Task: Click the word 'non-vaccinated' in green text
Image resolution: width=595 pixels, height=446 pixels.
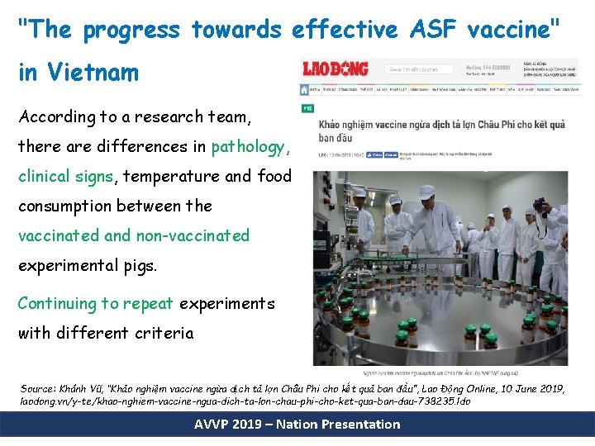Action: click(192, 235)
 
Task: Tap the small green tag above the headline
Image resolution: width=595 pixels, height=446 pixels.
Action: click(306, 108)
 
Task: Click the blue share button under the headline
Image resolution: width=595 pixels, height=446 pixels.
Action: click(374, 154)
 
